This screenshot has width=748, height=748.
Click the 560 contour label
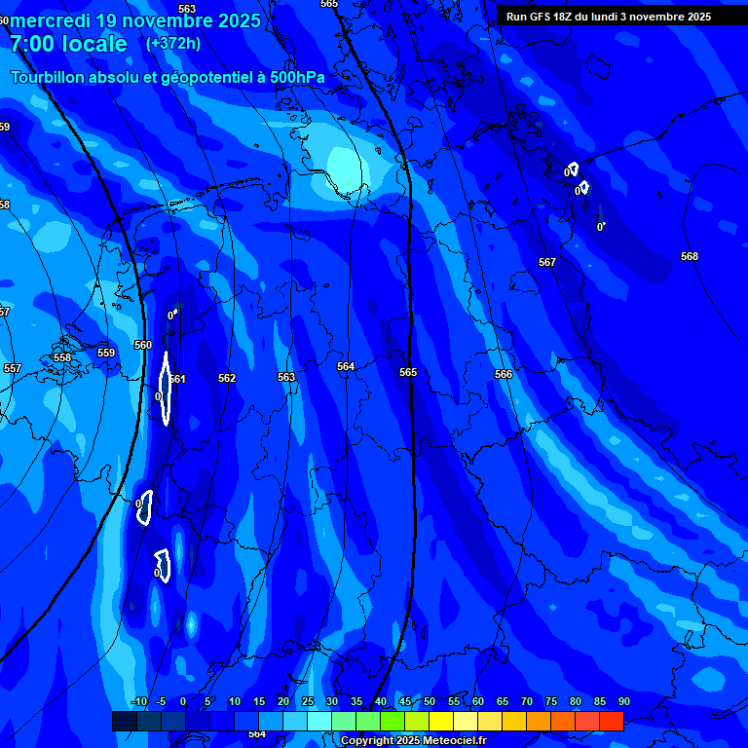[x=143, y=345]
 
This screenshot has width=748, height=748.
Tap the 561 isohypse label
[x=177, y=379]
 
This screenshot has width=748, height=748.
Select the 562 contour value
[x=227, y=378]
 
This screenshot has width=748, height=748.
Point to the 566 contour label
[x=504, y=374]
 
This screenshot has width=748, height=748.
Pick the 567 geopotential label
[x=547, y=262]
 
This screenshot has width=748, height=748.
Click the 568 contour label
[x=690, y=256]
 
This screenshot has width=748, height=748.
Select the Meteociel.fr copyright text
[x=448, y=741]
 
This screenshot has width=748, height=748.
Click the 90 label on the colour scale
[x=623, y=701]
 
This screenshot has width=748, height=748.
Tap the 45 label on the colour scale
[x=405, y=701]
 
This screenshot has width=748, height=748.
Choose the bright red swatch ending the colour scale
[x=611, y=721]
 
